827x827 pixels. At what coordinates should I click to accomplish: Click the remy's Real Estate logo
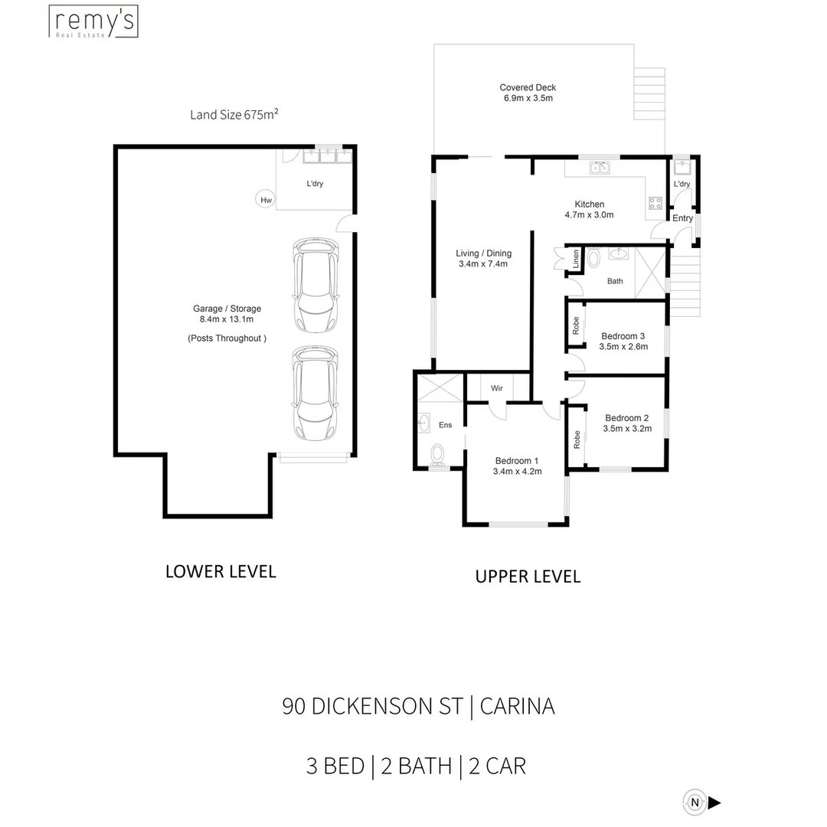pyautogui.click(x=93, y=21)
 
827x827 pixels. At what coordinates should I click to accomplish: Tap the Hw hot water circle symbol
pyautogui.click(x=265, y=199)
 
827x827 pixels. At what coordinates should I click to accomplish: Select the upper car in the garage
pyautogui.click(x=316, y=285)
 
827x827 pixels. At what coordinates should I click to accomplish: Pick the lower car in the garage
pyautogui.click(x=315, y=393)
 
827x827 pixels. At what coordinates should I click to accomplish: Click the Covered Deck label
pyautogui.click(x=528, y=87)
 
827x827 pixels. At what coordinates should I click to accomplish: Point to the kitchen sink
pyautogui.click(x=600, y=168)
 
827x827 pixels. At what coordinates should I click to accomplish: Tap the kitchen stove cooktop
pyautogui.click(x=655, y=203)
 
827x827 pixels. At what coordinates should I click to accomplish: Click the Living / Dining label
pyautogui.click(x=484, y=253)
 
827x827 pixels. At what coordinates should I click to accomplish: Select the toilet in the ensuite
pyautogui.click(x=437, y=456)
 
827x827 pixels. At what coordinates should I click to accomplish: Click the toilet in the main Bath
pyautogui.click(x=594, y=258)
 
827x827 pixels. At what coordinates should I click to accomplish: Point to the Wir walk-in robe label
pyautogui.click(x=497, y=388)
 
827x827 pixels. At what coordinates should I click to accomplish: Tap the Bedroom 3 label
pyautogui.click(x=623, y=336)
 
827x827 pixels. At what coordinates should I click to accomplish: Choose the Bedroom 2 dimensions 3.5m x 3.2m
pyautogui.click(x=627, y=429)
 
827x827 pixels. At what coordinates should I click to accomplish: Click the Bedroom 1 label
pyautogui.click(x=517, y=460)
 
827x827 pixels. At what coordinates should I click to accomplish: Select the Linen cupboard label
pyautogui.click(x=576, y=259)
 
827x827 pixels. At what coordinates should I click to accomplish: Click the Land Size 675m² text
pyautogui.click(x=234, y=114)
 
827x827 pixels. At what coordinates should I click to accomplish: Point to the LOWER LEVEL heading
pyautogui.click(x=221, y=572)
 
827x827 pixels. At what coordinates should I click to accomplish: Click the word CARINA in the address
pyautogui.click(x=518, y=706)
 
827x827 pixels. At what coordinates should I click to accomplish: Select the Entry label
pyautogui.click(x=682, y=217)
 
